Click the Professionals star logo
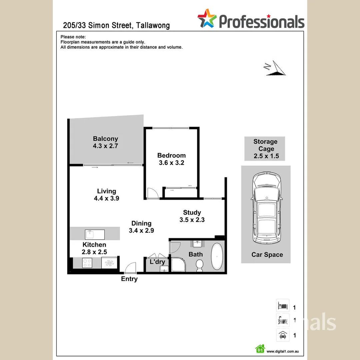pos(207,18)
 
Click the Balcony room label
pos(105,139)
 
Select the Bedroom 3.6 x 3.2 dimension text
pos(171,163)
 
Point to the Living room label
pos(107,191)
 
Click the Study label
pos(192,212)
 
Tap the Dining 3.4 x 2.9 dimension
pos(141,230)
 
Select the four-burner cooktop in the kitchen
pos(87,263)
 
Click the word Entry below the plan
pos(129,279)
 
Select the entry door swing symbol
pos(130,267)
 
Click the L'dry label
pos(157,262)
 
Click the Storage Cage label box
pos(265,149)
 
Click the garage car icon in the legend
pos(282,335)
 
